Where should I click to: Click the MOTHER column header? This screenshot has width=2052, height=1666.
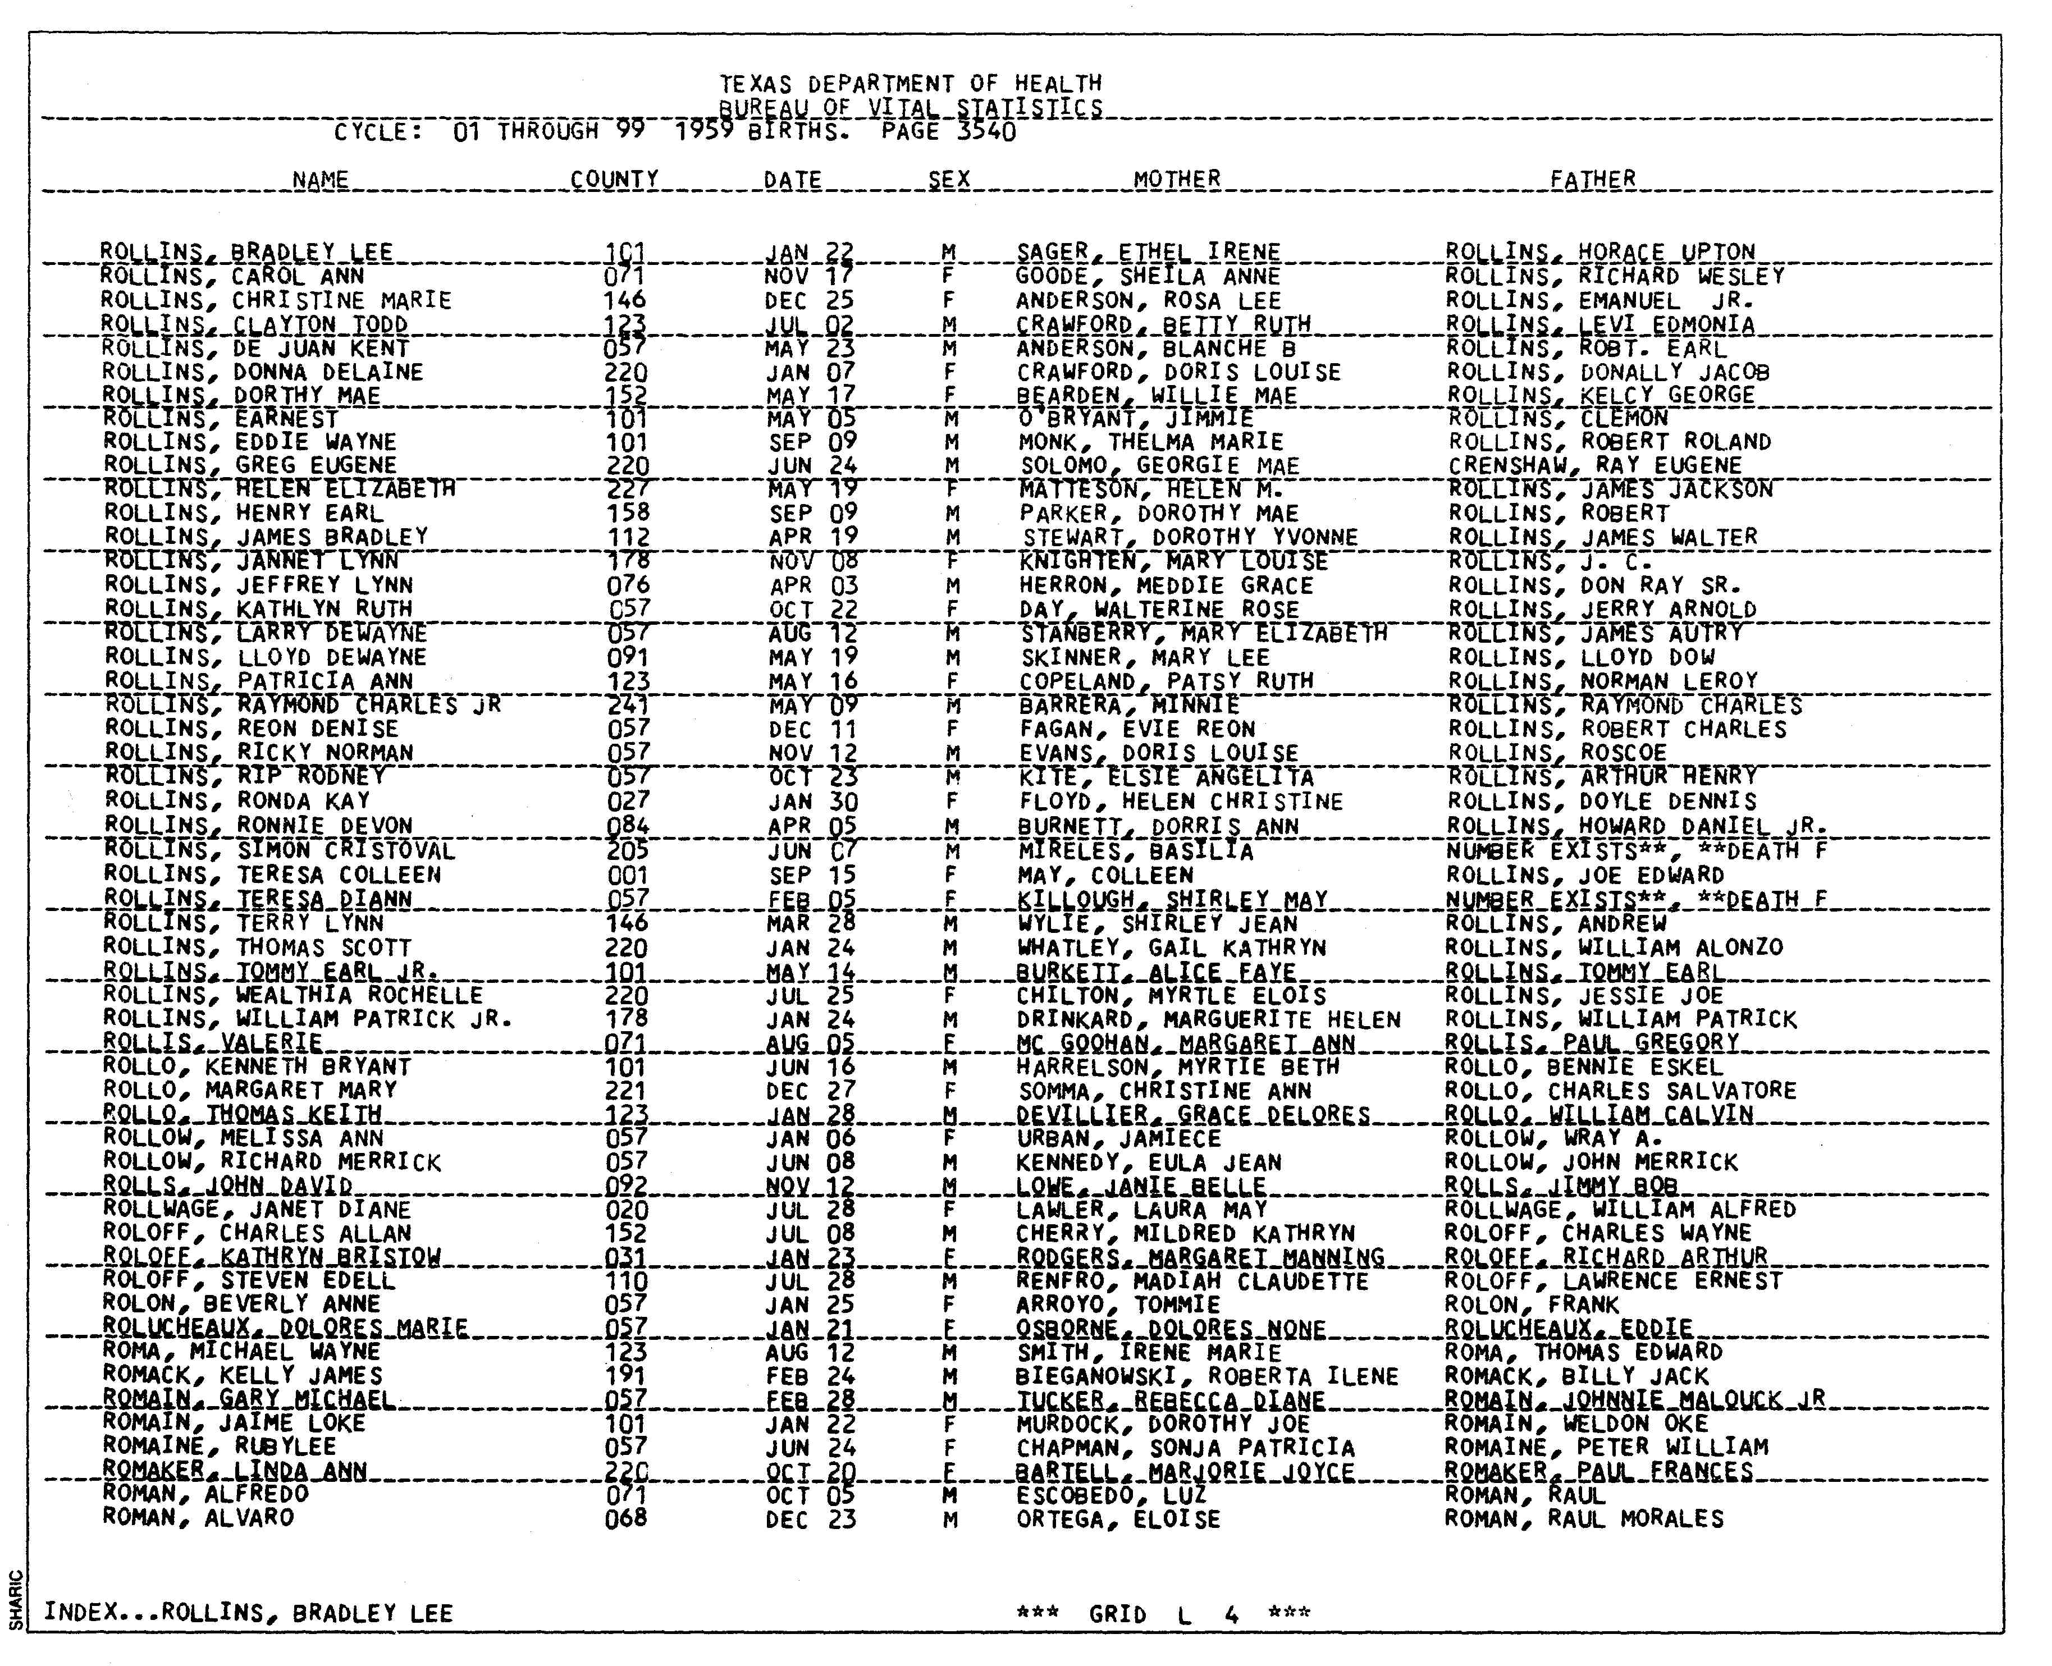(x=1177, y=180)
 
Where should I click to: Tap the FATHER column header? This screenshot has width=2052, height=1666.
(x=1592, y=180)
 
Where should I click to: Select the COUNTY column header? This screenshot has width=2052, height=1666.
(x=614, y=180)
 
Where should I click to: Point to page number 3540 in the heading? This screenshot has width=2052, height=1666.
(x=986, y=131)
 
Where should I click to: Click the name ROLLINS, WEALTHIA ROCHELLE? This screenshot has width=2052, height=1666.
(x=293, y=995)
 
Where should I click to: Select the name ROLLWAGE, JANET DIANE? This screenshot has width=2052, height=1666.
(x=257, y=1209)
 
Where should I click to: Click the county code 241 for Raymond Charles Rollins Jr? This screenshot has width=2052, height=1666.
(x=629, y=706)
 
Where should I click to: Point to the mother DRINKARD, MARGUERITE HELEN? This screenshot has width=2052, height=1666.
(x=1208, y=1019)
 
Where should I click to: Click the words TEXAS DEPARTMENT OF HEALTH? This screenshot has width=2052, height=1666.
(x=911, y=84)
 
